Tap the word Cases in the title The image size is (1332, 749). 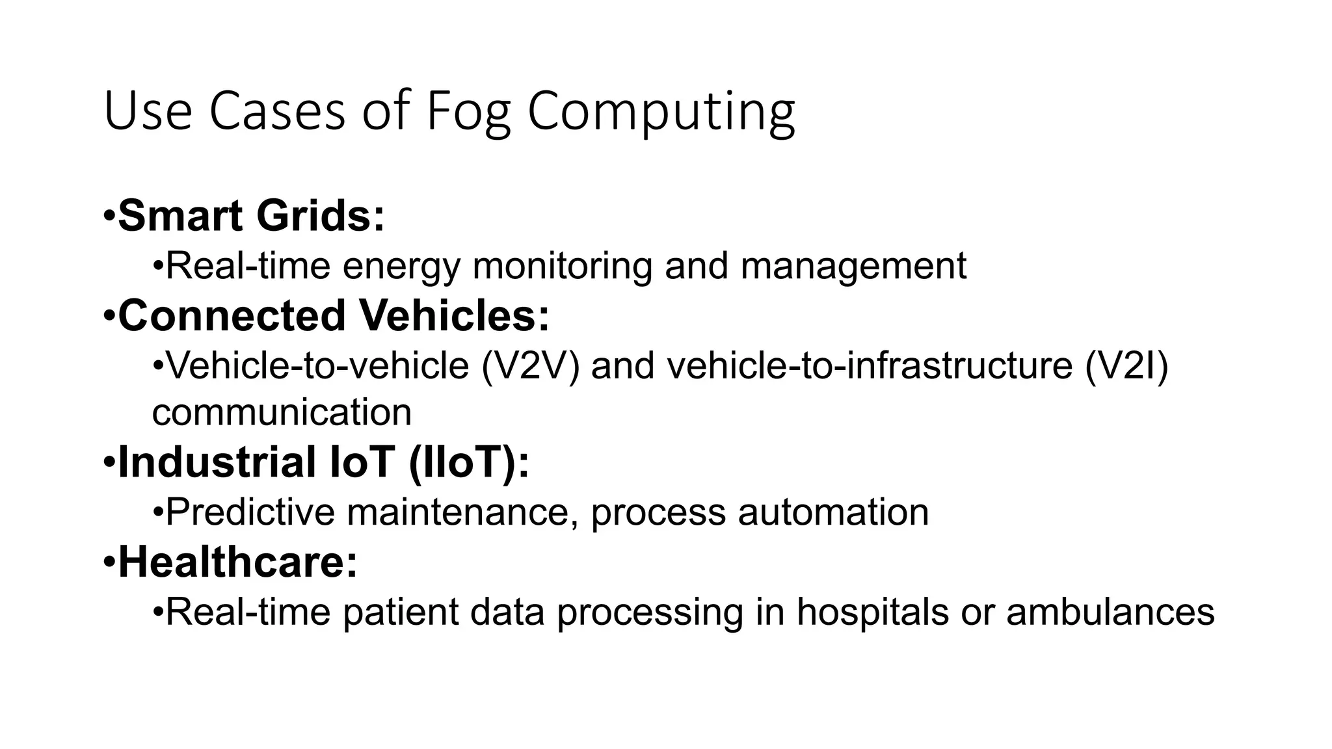click(276, 112)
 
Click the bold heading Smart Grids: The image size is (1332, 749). click(251, 216)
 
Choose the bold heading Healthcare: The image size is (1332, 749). click(238, 562)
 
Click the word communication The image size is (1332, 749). click(282, 412)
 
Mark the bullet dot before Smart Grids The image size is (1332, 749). click(109, 216)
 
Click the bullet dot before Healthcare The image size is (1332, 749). click(109, 562)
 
